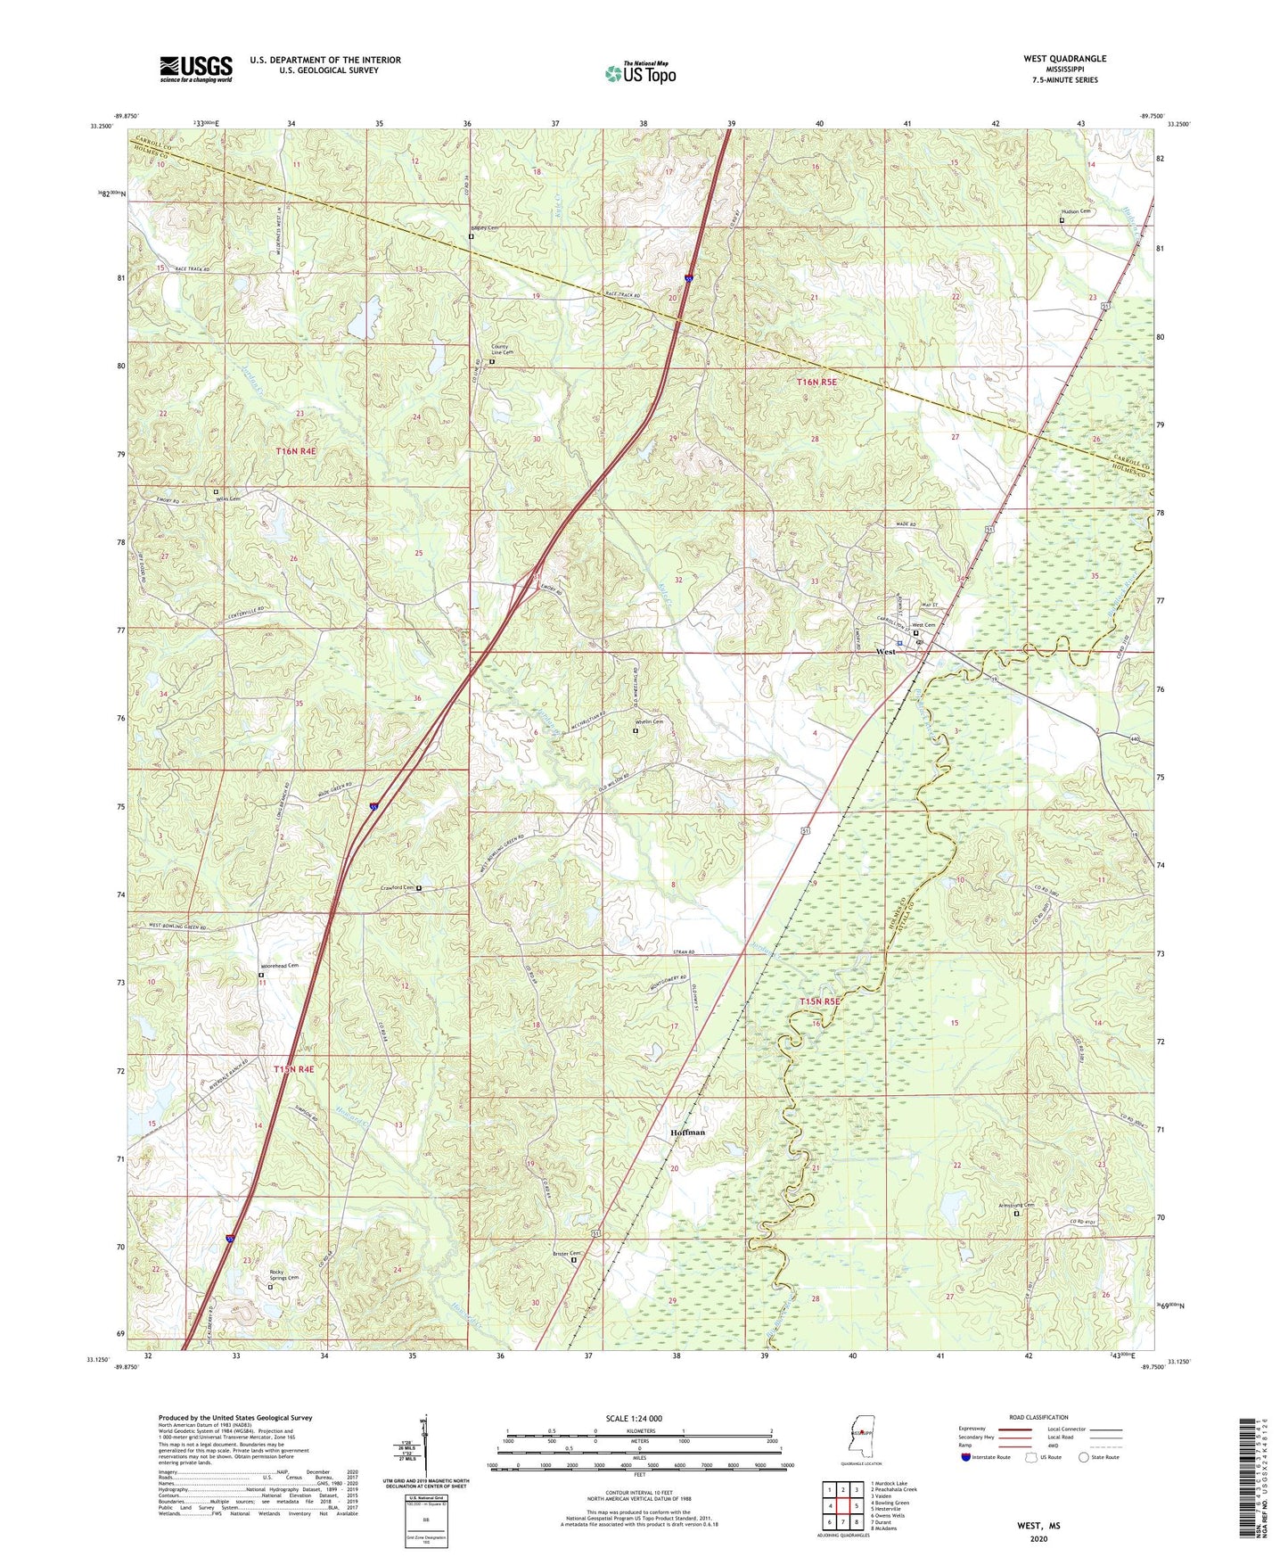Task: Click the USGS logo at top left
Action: point(195,68)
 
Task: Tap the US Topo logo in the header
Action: point(640,73)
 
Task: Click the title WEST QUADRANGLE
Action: point(1064,59)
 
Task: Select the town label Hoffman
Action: point(687,1133)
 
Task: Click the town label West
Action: point(885,652)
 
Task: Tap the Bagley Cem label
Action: point(485,228)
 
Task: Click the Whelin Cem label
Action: point(650,721)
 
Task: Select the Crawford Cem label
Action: point(398,888)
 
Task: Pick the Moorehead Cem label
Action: point(279,966)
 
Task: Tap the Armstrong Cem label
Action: point(1015,1206)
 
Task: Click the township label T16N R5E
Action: point(817,382)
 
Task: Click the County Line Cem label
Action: point(503,351)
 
